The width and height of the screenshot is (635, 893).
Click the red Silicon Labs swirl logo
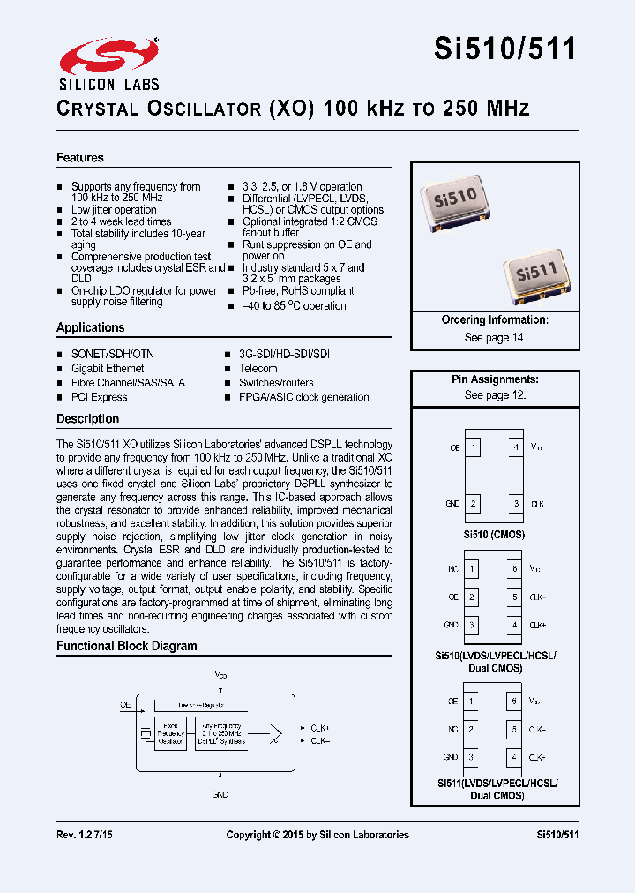click(108, 55)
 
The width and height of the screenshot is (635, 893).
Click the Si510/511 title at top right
click(504, 49)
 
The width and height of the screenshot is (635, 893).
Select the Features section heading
click(80, 158)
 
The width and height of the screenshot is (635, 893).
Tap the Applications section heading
click(91, 327)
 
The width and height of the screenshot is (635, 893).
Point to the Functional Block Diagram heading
click(127, 646)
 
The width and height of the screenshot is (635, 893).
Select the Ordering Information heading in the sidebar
click(495, 320)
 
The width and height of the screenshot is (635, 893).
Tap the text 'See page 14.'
click(495, 338)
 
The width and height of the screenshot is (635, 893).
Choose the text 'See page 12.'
click(495, 395)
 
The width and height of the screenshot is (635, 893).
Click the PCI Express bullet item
click(99, 397)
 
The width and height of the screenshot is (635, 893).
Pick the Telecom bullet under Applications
click(258, 369)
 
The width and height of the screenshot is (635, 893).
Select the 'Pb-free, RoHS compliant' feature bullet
click(298, 290)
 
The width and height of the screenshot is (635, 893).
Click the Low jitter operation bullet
click(114, 210)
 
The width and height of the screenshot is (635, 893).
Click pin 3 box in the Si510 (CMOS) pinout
click(516, 504)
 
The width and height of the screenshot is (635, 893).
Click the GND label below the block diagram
click(220, 794)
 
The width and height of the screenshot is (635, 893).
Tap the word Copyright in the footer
click(250, 835)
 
